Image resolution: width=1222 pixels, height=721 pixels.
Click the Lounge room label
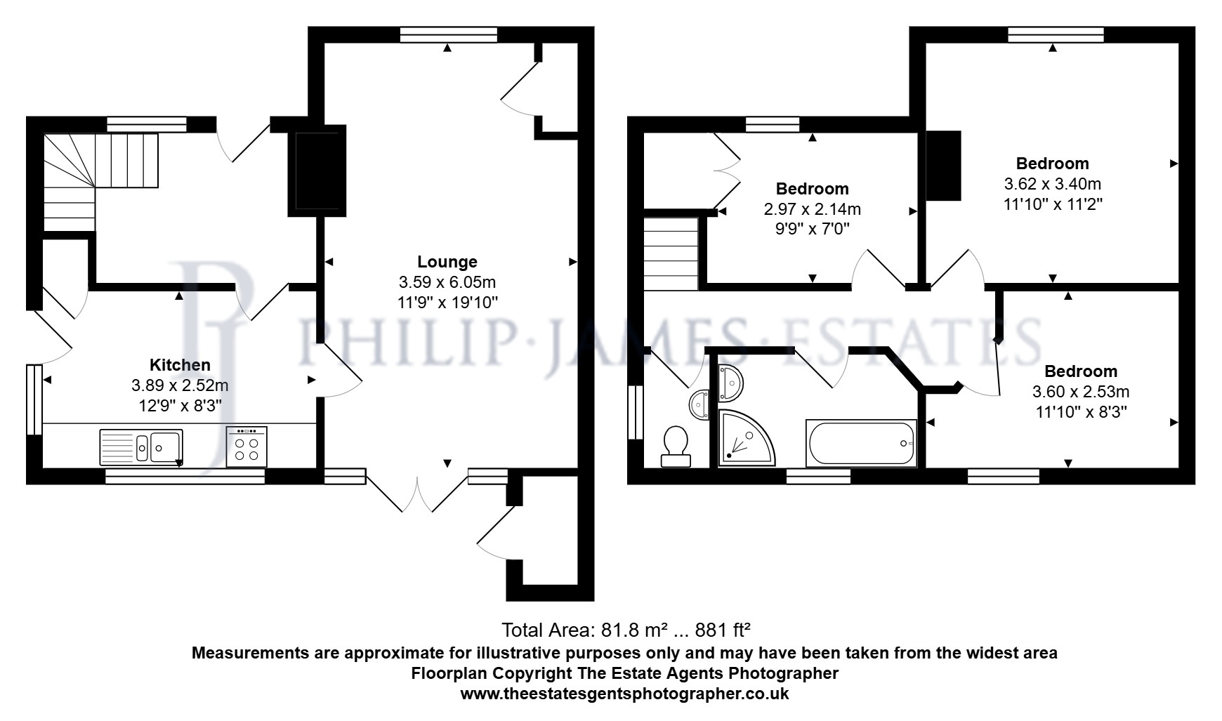[447, 262]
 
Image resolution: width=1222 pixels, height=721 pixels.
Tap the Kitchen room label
[180, 365]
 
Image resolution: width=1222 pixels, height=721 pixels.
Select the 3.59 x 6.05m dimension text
[447, 282]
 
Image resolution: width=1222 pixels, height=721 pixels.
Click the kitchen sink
[141, 447]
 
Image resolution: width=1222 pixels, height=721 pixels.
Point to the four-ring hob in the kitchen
[247, 446]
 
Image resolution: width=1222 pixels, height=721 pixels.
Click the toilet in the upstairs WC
[676, 446]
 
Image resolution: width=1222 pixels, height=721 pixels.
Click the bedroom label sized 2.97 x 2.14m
[812, 189]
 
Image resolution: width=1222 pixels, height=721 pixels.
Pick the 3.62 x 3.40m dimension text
[1052, 185]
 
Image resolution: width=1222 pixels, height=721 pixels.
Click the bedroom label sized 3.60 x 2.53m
[1080, 371]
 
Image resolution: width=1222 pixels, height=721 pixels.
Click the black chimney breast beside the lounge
[317, 171]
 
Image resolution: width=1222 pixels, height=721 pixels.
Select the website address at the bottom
[624, 694]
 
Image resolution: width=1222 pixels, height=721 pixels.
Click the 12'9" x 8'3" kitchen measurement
[180, 406]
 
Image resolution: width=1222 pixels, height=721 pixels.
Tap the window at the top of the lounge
[449, 34]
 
